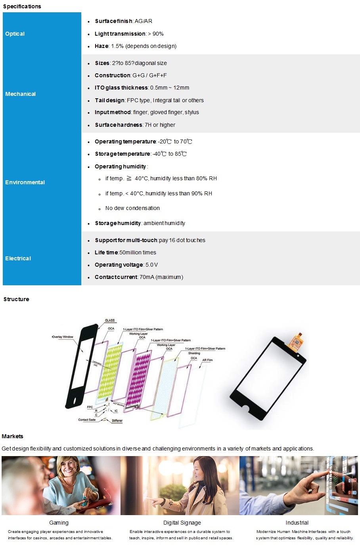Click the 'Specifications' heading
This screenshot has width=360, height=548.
(22, 6)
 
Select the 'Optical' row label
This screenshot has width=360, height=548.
(15, 34)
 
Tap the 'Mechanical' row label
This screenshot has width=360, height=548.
(20, 94)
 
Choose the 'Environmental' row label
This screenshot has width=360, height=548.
(25, 182)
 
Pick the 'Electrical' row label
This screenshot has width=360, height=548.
(18, 258)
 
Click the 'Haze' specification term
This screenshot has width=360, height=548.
(101, 46)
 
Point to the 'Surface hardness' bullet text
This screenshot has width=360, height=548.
(135, 125)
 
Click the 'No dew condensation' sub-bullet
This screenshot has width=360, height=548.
(132, 208)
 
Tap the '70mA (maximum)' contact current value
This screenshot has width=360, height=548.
(161, 277)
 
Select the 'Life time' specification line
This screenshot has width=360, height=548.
(125, 252)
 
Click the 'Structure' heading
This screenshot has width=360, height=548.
(16, 299)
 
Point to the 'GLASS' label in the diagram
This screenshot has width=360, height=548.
(110, 320)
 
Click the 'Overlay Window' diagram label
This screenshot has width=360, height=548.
(63, 337)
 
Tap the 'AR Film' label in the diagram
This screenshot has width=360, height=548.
(207, 360)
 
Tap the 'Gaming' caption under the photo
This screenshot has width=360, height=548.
(59, 523)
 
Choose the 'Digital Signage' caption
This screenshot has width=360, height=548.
(182, 523)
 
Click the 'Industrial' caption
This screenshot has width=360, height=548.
(297, 523)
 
